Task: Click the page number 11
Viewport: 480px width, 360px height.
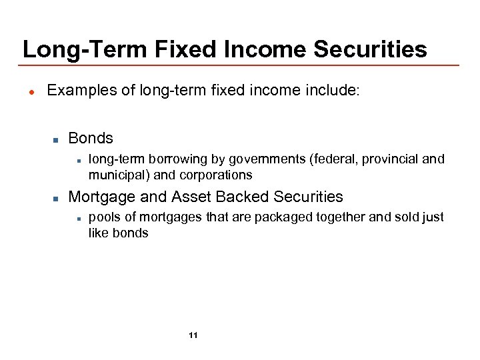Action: click(x=193, y=335)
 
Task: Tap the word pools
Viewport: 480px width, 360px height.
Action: click(x=103, y=217)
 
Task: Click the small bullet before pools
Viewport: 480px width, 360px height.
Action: click(x=79, y=218)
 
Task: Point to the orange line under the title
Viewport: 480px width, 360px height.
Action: click(x=240, y=65)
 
